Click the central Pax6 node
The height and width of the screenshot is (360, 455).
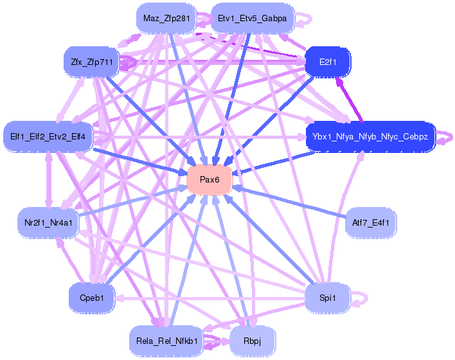(210, 180)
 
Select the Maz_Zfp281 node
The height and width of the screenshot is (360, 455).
(166, 18)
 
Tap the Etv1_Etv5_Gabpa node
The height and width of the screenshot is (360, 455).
(253, 18)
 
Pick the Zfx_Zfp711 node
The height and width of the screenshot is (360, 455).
(89, 62)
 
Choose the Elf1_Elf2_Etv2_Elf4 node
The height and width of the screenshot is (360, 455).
(49, 136)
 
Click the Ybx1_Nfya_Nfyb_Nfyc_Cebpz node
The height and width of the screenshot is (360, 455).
(371, 136)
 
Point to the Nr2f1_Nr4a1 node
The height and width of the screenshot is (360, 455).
(48, 222)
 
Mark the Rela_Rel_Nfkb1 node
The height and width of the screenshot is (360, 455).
(166, 339)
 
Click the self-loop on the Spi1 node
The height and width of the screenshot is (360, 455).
(362, 298)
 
